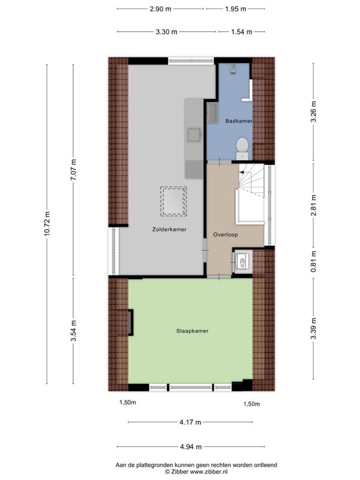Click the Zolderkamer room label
coord(169,229)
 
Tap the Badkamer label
coord(239,121)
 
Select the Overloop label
coord(226,235)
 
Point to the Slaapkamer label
coord(192,331)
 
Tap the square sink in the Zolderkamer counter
coord(194,135)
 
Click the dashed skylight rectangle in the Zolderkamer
coord(173,202)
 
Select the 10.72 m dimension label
coord(47,224)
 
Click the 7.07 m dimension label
coord(73,170)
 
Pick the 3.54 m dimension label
coord(73,331)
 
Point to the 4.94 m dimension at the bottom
coord(191,447)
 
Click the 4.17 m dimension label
coord(190,422)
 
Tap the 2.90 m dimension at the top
coord(160,9)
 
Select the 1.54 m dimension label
coord(242,32)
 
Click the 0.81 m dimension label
coord(313,262)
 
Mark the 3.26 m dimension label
coord(313,112)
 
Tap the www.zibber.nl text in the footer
coord(209,472)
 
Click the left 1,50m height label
coord(128,403)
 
